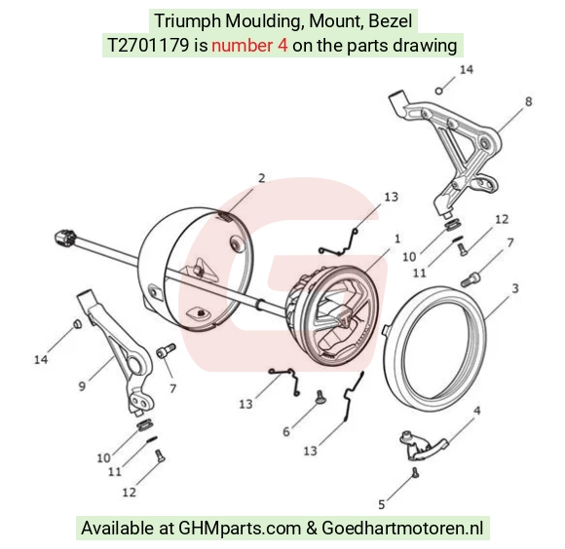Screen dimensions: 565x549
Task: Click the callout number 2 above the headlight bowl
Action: point(262,178)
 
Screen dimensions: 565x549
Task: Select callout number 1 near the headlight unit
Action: point(397,238)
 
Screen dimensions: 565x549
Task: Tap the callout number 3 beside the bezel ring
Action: point(515,288)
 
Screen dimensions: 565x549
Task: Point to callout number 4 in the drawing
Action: point(476,411)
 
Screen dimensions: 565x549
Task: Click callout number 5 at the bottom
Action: point(382,505)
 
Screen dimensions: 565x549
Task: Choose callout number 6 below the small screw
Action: point(286,431)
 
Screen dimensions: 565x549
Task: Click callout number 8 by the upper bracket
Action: point(528,101)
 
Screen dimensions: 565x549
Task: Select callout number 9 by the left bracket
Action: point(82,386)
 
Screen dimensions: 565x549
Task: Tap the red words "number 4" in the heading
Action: point(249,46)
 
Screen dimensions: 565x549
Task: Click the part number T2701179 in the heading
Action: point(148,46)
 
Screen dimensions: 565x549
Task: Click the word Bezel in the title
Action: point(390,20)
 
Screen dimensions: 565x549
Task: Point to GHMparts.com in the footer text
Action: point(240,529)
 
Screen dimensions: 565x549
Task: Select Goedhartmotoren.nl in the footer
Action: point(402,529)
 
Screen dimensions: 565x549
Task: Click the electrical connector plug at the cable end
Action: point(65,238)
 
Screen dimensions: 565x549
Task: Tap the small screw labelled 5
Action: point(415,472)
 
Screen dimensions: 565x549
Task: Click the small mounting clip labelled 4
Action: point(422,445)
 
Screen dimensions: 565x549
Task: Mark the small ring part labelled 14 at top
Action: point(439,91)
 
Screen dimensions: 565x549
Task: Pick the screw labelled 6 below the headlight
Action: point(320,396)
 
